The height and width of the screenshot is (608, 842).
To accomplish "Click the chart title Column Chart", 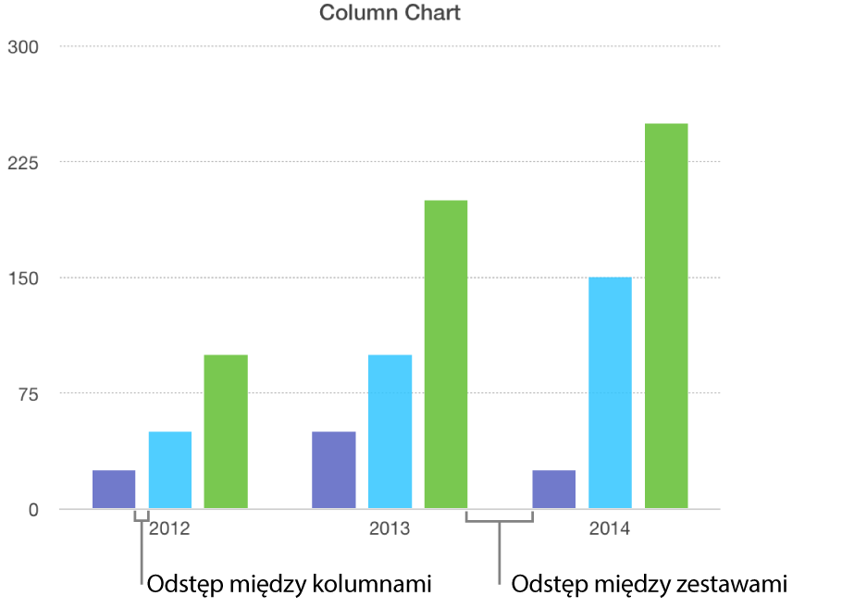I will tap(390, 13).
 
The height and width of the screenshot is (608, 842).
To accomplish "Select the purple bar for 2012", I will tap(114, 490).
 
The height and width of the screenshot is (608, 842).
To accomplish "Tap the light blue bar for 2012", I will tap(170, 470).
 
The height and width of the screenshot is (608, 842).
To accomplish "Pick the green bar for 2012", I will tap(226, 431).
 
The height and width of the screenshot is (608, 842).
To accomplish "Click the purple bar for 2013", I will tap(334, 470).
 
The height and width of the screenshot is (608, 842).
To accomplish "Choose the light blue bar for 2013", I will tap(390, 431).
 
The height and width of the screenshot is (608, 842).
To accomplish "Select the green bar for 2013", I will tap(446, 354).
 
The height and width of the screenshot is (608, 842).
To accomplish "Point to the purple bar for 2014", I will tap(554, 490).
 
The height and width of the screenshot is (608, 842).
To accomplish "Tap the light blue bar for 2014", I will tap(610, 392).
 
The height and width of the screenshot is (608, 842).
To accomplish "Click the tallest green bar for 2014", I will tap(666, 316).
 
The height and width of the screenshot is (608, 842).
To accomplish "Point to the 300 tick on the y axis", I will tap(22, 46).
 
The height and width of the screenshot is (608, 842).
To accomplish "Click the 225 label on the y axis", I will tap(22, 162).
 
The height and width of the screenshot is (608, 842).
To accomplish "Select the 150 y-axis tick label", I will tap(22, 278).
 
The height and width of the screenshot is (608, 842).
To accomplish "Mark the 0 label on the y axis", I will tap(34, 510).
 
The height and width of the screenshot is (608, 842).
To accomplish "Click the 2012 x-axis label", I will tap(170, 530).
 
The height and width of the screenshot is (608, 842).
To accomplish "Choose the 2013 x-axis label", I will tap(390, 530).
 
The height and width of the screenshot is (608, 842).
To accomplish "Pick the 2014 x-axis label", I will tap(610, 530).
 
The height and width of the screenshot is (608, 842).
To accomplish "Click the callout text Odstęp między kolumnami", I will tap(290, 585).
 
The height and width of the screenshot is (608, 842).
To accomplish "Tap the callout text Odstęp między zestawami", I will tap(649, 585).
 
